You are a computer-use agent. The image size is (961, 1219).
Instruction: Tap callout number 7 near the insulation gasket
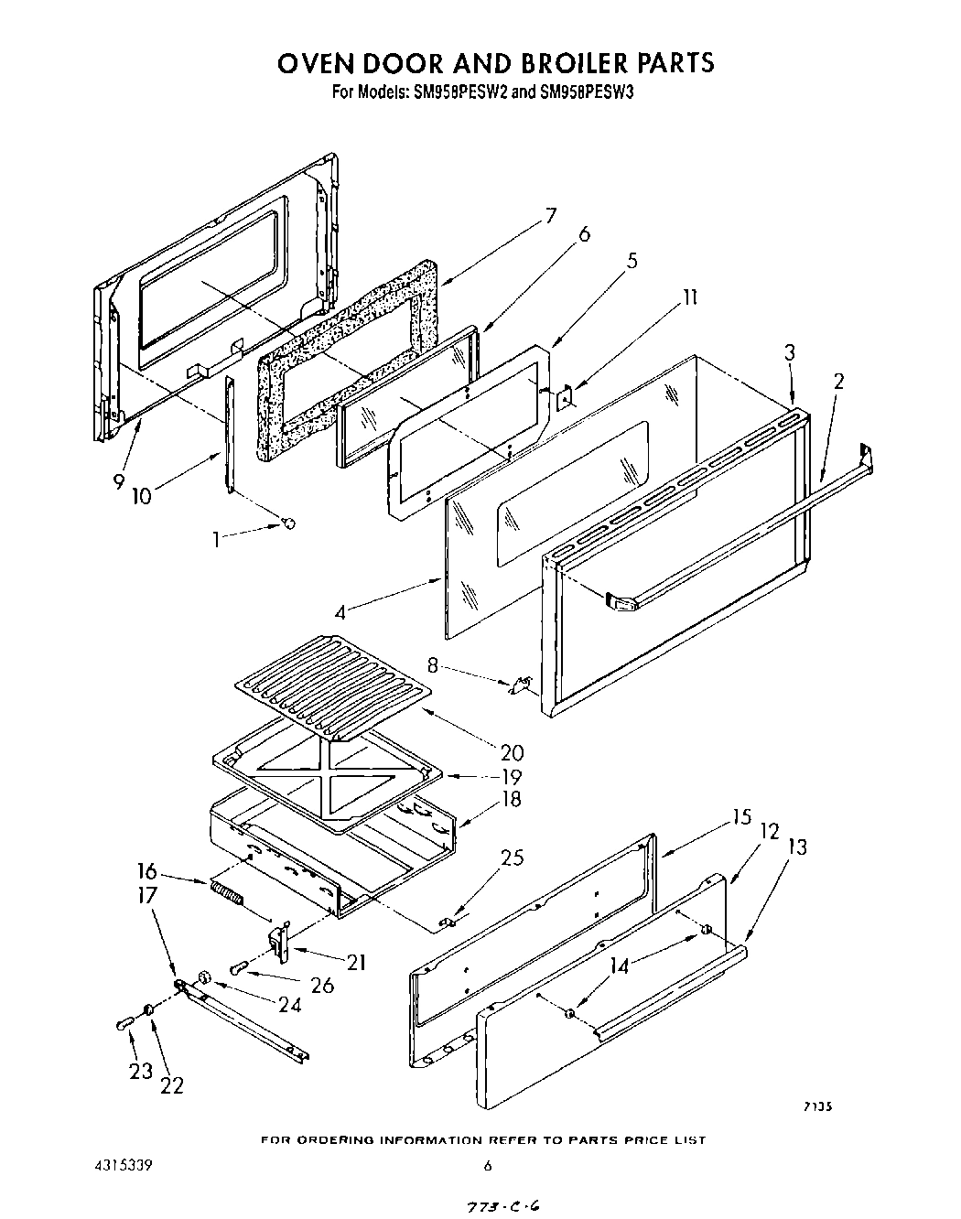(550, 216)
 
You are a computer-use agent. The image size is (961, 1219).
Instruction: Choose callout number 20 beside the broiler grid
(512, 752)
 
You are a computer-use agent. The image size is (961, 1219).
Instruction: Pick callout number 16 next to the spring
(147, 871)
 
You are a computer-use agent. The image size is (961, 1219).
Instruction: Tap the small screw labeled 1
(289, 523)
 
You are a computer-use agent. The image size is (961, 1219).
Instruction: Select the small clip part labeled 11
(566, 398)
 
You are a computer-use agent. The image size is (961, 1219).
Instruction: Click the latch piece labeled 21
(279, 943)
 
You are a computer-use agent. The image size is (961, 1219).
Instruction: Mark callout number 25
(512, 858)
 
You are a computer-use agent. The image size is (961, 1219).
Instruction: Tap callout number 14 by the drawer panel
(620, 965)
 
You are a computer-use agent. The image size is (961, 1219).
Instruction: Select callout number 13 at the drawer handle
(797, 847)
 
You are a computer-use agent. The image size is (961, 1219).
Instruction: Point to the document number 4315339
(122, 1166)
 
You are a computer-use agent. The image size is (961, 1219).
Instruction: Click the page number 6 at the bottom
(488, 1166)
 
